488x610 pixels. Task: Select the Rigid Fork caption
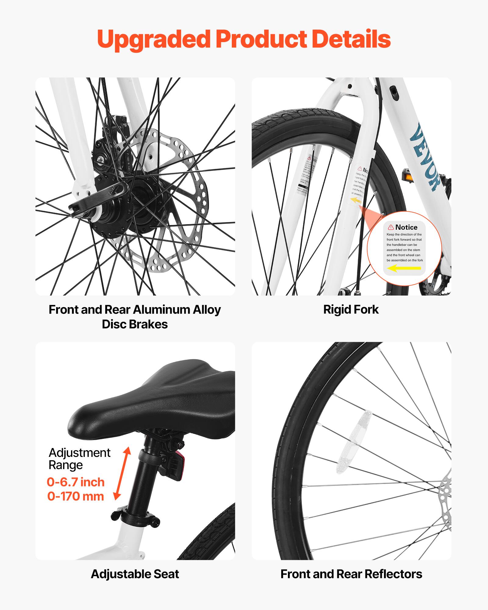351,310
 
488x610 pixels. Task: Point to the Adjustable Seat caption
135,574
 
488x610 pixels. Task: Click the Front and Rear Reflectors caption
351,574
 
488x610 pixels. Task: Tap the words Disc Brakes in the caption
135,324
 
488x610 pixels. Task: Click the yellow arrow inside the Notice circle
404,268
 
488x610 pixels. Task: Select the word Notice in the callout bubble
406,227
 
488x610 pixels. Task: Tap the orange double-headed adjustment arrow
122,474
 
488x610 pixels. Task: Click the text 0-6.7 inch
76,482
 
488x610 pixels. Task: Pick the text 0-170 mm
76,497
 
